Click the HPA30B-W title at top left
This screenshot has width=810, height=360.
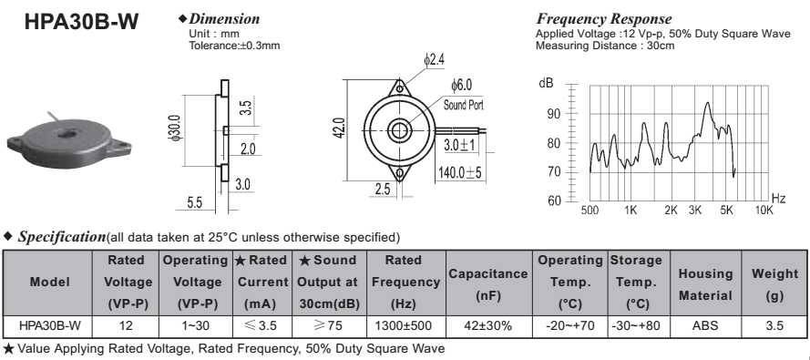click(x=81, y=22)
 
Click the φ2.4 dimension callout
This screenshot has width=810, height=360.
click(x=434, y=60)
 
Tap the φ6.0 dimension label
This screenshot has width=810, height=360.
click(x=461, y=84)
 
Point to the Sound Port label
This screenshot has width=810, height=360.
click(x=464, y=105)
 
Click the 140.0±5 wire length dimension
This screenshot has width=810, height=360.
click(x=460, y=172)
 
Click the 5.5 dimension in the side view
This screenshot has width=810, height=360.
click(x=194, y=202)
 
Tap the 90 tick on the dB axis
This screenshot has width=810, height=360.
click(x=554, y=114)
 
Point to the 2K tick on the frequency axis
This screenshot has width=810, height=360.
click(x=671, y=211)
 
